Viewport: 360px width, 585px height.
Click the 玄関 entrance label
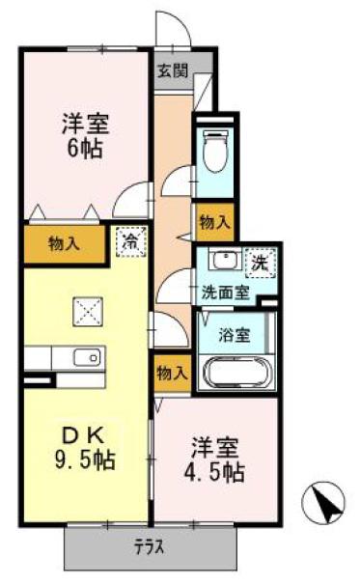pyautogui.click(x=172, y=70)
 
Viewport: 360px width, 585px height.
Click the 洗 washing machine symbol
pyautogui.click(x=260, y=264)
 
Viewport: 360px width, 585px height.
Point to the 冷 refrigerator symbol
pyautogui.click(x=130, y=241)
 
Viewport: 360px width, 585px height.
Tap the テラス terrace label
pyautogui.click(x=150, y=548)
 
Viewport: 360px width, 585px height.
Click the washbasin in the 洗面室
pyautogui.click(x=225, y=260)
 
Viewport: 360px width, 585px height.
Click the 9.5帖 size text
pyautogui.click(x=85, y=460)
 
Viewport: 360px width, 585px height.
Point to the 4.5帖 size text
pyautogui.click(x=214, y=472)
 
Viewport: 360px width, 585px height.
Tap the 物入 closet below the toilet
pyautogui.click(x=214, y=222)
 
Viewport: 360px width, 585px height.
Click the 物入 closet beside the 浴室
pyautogui.click(x=172, y=373)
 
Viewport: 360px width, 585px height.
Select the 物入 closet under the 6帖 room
pyautogui.click(x=64, y=244)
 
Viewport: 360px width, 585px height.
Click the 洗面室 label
pyautogui.click(x=225, y=292)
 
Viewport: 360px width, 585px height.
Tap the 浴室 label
pyautogui.click(x=234, y=335)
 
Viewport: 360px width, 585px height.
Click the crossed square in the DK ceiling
pyautogui.click(x=88, y=312)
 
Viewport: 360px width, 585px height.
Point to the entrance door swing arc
pyautogui.click(x=180, y=21)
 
